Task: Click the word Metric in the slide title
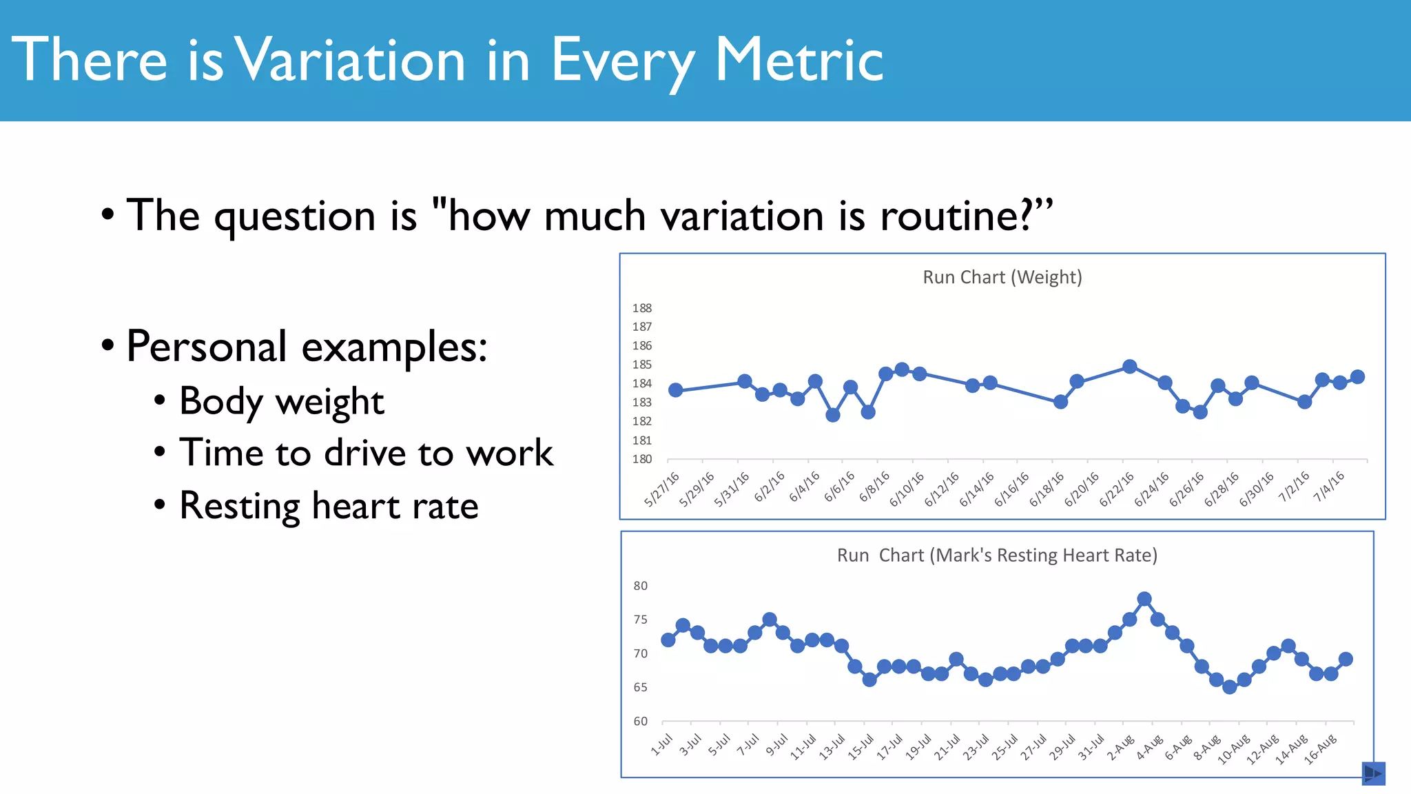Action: click(x=799, y=61)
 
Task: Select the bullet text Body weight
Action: click(x=281, y=401)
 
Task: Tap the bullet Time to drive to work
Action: click(x=366, y=454)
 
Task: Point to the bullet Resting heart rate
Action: click(x=329, y=506)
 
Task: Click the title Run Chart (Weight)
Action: click(x=1002, y=277)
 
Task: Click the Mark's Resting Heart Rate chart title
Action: click(x=997, y=556)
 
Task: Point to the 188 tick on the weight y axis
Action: click(x=641, y=308)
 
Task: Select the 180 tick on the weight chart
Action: click(x=641, y=459)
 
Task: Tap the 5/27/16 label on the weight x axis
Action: click(x=661, y=489)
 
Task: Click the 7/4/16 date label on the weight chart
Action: click(x=1328, y=487)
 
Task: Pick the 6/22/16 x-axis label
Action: click(x=1116, y=489)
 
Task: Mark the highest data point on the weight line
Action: click(x=1130, y=367)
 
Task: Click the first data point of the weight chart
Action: click(x=676, y=390)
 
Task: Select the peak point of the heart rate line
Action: click(x=1144, y=599)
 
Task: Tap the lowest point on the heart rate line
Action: click(x=1230, y=686)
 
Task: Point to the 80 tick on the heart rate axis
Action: click(x=641, y=586)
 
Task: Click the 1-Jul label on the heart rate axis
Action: click(x=662, y=745)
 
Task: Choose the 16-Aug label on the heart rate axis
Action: click(x=1320, y=749)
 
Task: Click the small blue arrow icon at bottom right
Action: click(x=1373, y=773)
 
